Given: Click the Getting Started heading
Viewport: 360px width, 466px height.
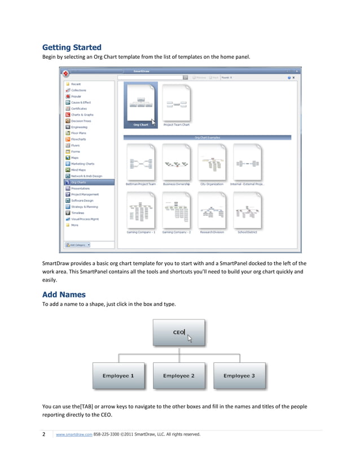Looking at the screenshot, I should point(72,47).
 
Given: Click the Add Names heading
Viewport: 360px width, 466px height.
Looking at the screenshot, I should point(64,294).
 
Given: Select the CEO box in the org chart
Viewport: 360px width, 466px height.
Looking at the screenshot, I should point(179,332).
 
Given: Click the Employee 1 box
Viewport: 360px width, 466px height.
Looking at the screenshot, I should point(118,376).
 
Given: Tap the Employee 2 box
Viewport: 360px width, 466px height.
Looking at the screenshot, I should point(179,376).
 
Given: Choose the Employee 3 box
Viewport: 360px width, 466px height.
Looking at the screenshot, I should point(239,376).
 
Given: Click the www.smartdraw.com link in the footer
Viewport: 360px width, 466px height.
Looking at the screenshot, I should point(74,434).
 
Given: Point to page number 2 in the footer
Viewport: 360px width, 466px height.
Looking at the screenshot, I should point(44,434).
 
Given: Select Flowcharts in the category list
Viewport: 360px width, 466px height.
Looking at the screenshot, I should point(78,139).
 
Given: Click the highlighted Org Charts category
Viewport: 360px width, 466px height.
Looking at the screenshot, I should point(78,182).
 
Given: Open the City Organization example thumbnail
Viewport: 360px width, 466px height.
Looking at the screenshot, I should point(212,164).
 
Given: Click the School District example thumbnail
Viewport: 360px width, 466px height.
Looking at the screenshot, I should point(247,212).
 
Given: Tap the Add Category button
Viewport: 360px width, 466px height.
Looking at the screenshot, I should point(78,245).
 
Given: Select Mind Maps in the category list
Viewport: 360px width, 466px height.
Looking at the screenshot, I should point(78,170).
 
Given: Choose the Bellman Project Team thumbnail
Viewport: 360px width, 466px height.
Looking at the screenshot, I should point(141,164).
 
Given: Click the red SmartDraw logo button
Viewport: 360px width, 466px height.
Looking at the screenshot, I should point(66,73).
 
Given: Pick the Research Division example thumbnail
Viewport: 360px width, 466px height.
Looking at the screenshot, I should point(212,212).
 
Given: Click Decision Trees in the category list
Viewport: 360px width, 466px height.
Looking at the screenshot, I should point(81,121).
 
